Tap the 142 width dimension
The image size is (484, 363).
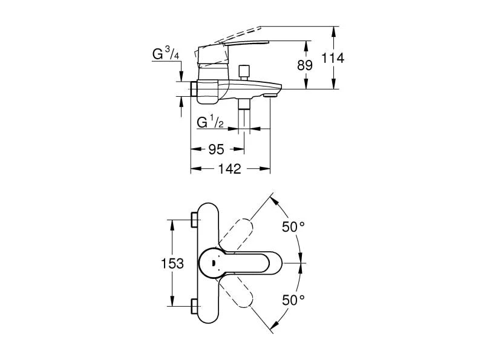(229, 169)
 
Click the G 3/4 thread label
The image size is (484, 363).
(165, 54)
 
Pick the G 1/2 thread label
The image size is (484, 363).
(211, 123)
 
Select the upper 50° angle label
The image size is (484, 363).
(293, 227)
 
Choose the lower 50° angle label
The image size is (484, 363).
(293, 299)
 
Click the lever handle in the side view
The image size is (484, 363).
(242, 45)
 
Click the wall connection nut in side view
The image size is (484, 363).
(195, 89)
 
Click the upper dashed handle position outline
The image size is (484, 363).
(239, 234)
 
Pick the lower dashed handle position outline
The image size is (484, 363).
(239, 293)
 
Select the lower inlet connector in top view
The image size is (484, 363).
(194, 307)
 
